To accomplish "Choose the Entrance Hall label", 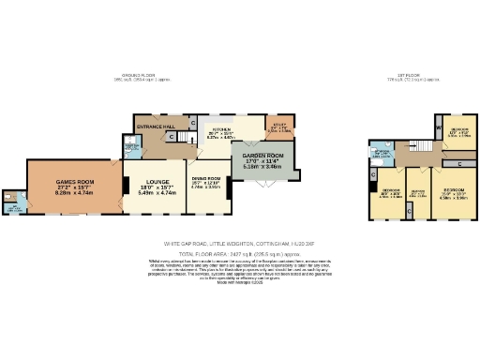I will (x=156, y=127).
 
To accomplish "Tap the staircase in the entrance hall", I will (x=172, y=137).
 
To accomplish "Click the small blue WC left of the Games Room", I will (x=14, y=202).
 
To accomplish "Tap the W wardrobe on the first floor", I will (x=438, y=123).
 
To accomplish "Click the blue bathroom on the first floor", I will (x=382, y=155).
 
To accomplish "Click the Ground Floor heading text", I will (x=138, y=78).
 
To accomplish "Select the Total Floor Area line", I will (x=239, y=252).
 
